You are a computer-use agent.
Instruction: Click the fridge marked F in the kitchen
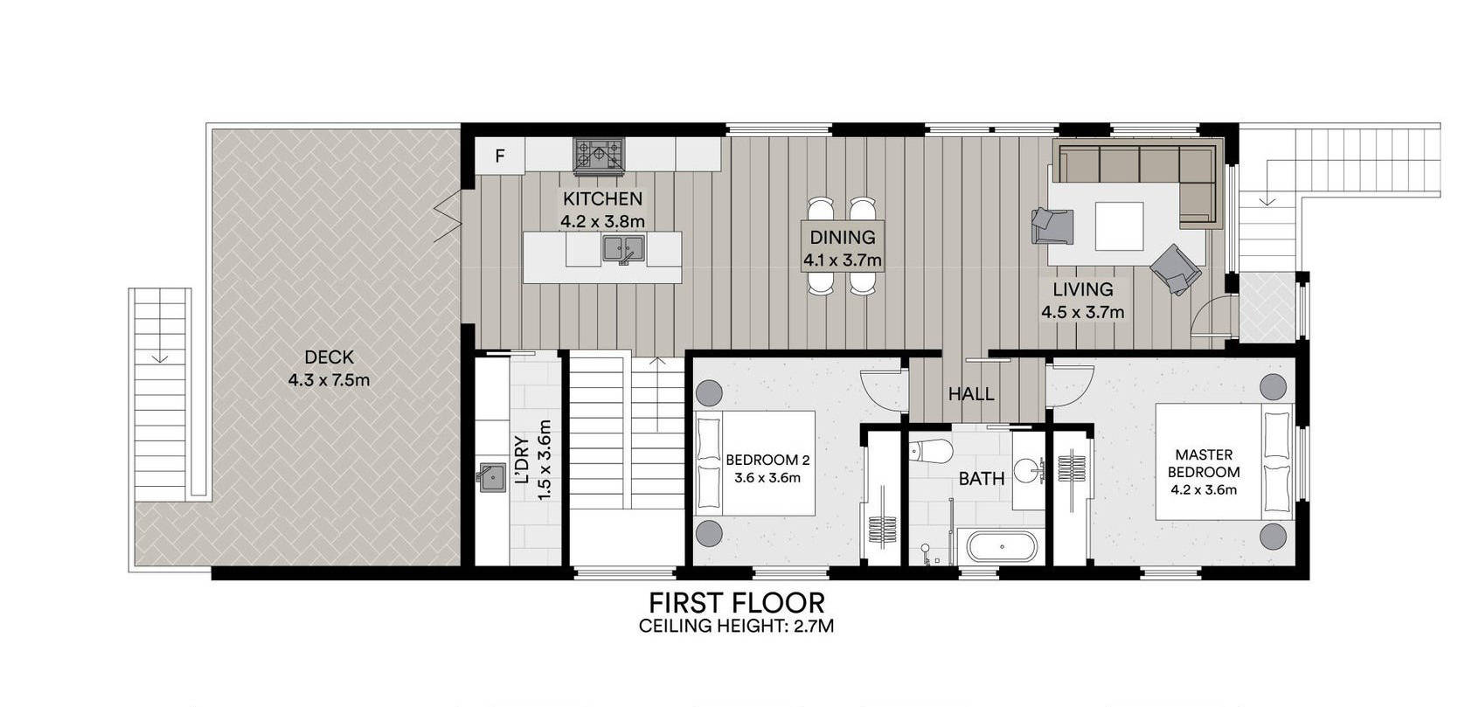(x=500, y=156)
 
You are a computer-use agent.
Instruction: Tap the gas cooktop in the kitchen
(x=598, y=156)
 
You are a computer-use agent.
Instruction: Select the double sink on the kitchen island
(x=622, y=248)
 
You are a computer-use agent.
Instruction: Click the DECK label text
(x=329, y=357)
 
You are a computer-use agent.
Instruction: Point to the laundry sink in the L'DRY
(x=492, y=477)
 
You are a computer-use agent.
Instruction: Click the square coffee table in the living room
(x=1119, y=226)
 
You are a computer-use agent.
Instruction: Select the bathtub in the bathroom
(x=1003, y=546)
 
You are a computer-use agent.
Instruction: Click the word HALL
(x=970, y=394)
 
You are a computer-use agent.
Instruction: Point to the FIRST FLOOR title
(x=736, y=603)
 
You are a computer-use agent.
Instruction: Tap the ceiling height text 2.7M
(x=814, y=626)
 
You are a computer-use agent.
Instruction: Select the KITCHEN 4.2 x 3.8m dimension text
(x=602, y=221)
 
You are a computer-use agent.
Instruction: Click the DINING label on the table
(x=843, y=237)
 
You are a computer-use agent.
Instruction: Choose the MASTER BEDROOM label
(x=1204, y=463)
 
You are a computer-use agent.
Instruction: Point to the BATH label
(x=981, y=479)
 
